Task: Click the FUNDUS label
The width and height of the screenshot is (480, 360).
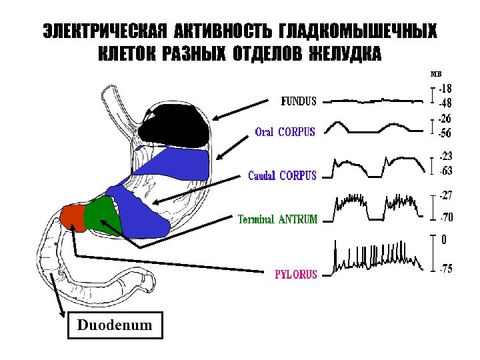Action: click(298, 101)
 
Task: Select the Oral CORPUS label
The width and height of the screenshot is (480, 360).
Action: click(285, 131)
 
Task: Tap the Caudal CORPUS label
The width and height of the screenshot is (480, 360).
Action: click(282, 176)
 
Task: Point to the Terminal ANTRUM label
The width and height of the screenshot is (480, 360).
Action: click(278, 219)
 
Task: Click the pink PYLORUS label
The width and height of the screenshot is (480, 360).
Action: click(296, 273)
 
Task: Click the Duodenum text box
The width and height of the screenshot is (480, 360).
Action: click(115, 326)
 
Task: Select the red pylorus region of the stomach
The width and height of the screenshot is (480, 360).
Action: click(72, 217)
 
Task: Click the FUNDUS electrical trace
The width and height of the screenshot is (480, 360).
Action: click(377, 101)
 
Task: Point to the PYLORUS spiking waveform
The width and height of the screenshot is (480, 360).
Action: click(377, 257)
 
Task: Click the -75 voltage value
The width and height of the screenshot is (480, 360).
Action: click(446, 269)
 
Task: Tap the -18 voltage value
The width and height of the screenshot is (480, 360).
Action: click(445, 88)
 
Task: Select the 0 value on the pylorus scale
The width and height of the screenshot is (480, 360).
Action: click(444, 238)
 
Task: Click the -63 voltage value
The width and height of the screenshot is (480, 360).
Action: click(446, 171)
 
